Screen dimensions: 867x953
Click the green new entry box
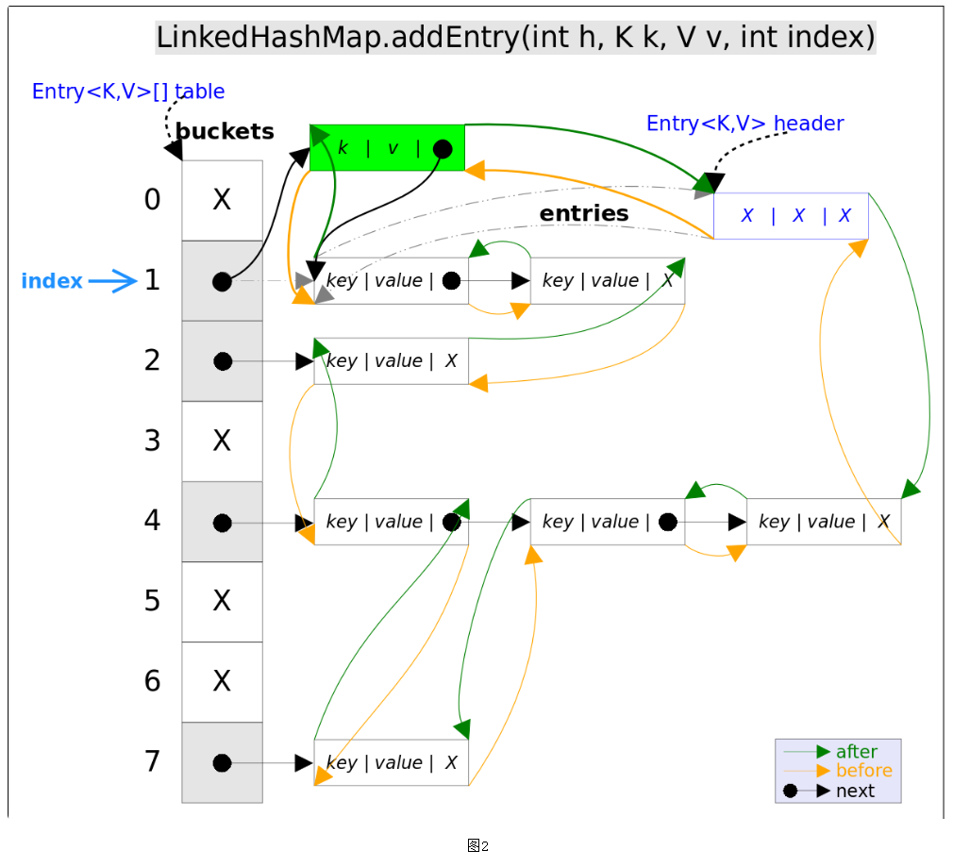point(387,148)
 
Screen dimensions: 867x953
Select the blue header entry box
point(791,215)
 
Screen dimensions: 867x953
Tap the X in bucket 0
point(222,200)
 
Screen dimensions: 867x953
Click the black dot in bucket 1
point(222,281)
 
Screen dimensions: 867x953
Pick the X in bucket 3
point(222,441)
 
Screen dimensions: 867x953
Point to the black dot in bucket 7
point(222,762)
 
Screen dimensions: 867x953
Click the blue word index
point(52,281)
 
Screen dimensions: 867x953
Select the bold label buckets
point(225,132)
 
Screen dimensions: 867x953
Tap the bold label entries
point(584,214)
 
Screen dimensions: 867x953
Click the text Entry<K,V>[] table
point(128,92)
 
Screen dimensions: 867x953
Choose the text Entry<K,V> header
point(744,124)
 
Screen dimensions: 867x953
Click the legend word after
point(856,752)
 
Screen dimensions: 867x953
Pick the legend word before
point(863,771)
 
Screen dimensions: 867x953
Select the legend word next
point(855,791)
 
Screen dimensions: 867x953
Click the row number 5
point(153,601)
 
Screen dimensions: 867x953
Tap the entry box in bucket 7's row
point(391,762)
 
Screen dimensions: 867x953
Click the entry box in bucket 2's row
point(391,361)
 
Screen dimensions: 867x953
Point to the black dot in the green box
point(443,149)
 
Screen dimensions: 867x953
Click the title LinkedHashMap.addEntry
point(515,39)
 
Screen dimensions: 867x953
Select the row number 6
point(153,681)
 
